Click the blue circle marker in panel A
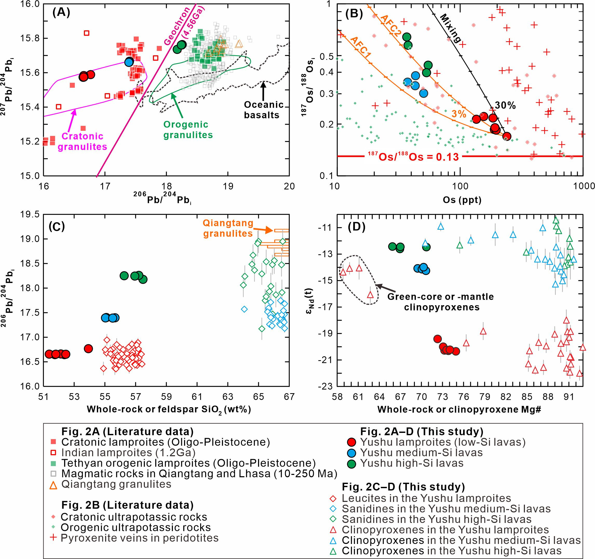[129, 62]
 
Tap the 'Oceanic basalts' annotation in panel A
[263, 110]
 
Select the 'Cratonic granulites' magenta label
[82, 141]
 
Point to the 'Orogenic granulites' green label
[188, 129]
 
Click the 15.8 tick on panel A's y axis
[31, 39]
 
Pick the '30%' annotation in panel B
[505, 105]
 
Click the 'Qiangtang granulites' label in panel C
[228, 228]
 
